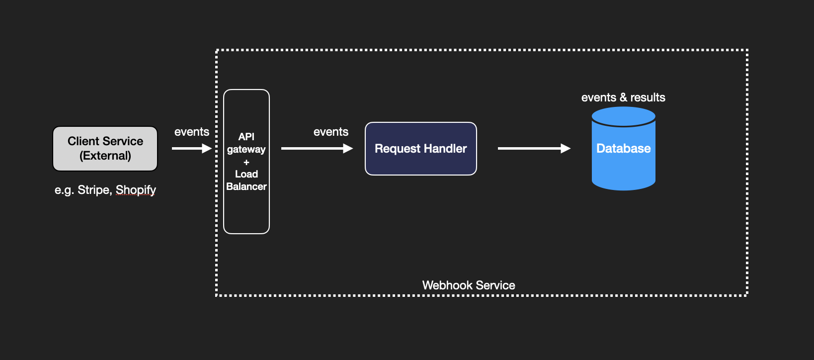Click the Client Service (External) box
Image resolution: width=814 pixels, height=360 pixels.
[105, 149]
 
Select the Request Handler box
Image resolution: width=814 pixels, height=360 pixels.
[420, 149]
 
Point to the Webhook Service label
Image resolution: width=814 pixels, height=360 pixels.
[468, 285]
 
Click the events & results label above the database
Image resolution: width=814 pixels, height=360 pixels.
[623, 97]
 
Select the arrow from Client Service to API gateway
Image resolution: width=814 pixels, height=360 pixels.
[191, 148]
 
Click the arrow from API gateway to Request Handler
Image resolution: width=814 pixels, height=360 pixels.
[317, 148]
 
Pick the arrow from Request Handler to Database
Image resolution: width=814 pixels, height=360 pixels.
[534, 148]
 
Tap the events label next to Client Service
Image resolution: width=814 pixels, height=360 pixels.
[191, 132]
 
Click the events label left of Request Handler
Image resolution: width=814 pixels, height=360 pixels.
[330, 132]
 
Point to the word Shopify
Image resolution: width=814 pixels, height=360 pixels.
[136, 190]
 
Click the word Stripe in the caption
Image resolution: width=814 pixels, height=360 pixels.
[93, 190]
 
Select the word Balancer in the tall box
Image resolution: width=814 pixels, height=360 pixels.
[246, 186]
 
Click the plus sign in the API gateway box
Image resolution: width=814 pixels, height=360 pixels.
[246, 162]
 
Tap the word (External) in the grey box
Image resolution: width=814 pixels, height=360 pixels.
[105, 156]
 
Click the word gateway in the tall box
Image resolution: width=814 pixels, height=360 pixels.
[246, 149]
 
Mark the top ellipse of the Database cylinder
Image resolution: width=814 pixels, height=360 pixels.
[623, 116]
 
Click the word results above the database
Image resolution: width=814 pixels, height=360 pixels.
[648, 97]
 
